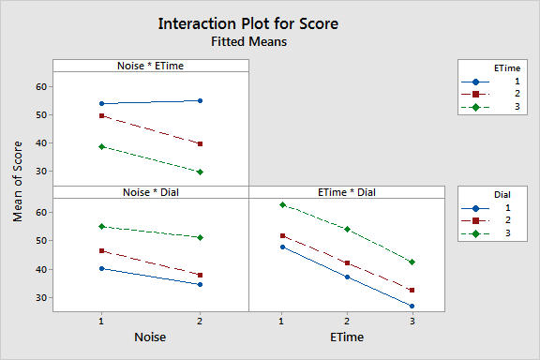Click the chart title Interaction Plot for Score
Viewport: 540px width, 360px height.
(249, 23)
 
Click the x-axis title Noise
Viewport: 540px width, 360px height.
(150, 336)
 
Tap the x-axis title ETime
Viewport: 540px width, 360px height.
(346, 336)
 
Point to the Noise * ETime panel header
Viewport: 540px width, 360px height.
(150, 66)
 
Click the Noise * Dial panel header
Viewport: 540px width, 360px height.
(150, 192)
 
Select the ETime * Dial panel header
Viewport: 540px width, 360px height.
(346, 192)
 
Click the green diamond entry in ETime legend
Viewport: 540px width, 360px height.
(476, 108)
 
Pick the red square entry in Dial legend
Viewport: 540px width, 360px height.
(476, 221)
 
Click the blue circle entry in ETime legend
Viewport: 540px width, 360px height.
(476, 82)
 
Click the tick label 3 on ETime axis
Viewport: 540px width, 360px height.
(412, 321)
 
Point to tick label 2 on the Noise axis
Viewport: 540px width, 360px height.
(200, 321)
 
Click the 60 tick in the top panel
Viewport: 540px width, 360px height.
(40, 86)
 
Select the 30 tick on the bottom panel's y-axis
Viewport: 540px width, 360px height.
(40, 297)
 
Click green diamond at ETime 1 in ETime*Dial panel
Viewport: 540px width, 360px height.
(281, 204)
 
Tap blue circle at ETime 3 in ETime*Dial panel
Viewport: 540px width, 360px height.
(412, 307)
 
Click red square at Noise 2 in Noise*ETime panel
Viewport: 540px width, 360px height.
(200, 143)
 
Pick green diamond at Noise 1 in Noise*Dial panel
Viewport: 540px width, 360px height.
(101, 226)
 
